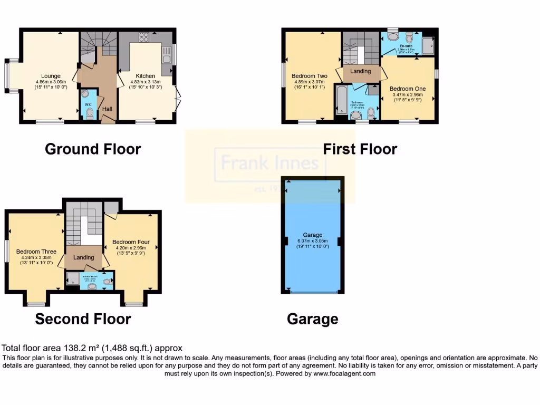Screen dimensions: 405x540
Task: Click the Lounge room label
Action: [51, 76]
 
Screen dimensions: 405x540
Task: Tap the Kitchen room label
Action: [145, 76]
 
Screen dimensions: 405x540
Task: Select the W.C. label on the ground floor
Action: [89, 104]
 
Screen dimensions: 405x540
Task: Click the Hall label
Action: [107, 109]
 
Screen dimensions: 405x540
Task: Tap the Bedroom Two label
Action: [310, 76]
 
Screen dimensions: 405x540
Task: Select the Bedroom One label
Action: [408, 89]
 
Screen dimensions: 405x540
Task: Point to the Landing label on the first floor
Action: [361, 71]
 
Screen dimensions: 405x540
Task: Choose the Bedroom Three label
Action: [36, 252]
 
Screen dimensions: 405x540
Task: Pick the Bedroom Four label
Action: [131, 242]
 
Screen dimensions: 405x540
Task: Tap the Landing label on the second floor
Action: [84, 257]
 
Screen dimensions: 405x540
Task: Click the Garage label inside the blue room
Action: [313, 235]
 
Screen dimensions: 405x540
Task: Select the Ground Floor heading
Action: [93, 149]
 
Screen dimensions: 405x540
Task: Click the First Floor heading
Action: [360, 149]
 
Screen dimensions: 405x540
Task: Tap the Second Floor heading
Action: [83, 319]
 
